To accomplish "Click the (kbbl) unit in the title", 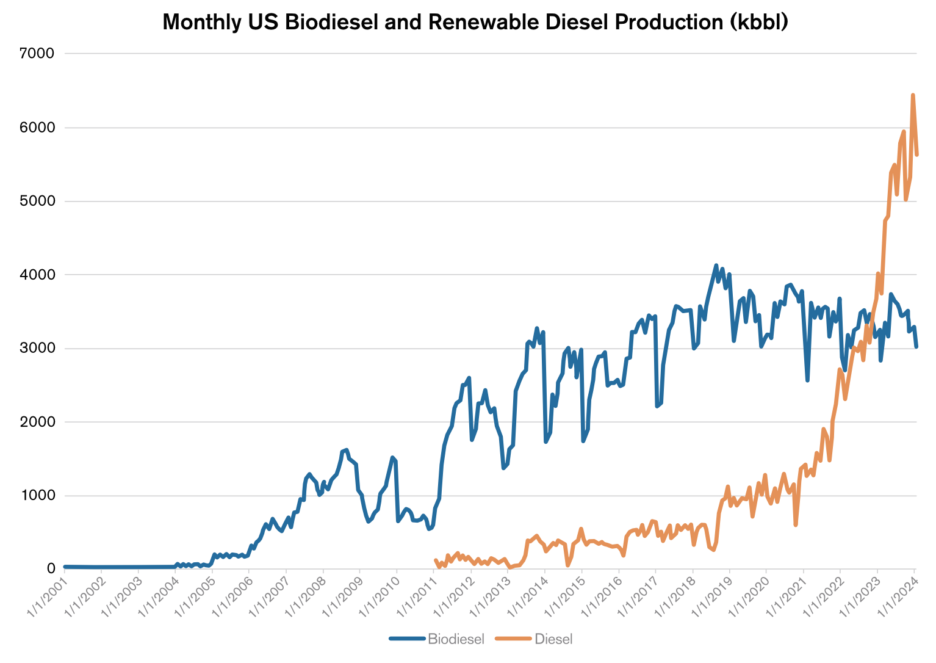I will click(x=761, y=23).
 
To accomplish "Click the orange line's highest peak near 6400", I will click(x=913, y=95).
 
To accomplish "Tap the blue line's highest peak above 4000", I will click(x=716, y=265).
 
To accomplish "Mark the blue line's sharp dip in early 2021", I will click(x=807, y=380).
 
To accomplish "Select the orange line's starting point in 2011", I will click(x=435, y=560).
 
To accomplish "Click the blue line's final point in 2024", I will click(x=916, y=347).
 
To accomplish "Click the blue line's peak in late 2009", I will click(x=392, y=457).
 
